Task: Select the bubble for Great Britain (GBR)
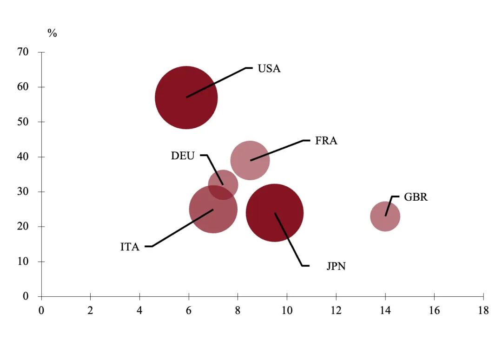click(x=385, y=216)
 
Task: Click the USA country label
click(x=269, y=69)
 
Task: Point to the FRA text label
click(x=326, y=141)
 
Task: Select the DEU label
click(x=183, y=156)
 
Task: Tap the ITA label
click(x=130, y=247)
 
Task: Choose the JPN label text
click(x=336, y=267)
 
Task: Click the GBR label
click(x=416, y=197)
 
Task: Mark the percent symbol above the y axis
click(x=52, y=33)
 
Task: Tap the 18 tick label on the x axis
click(x=483, y=310)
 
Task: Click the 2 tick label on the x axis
click(x=90, y=310)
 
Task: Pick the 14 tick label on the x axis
click(x=385, y=310)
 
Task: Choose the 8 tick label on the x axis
click(x=238, y=310)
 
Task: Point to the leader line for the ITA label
click(x=181, y=228)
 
